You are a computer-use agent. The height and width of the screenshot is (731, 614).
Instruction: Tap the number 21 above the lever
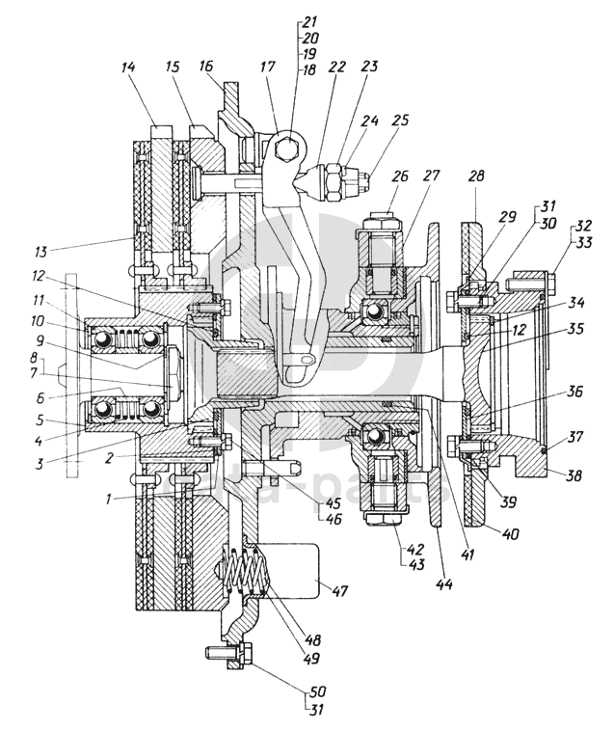pos(309,19)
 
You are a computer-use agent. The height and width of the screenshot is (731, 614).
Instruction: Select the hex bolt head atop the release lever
pos(286,149)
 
